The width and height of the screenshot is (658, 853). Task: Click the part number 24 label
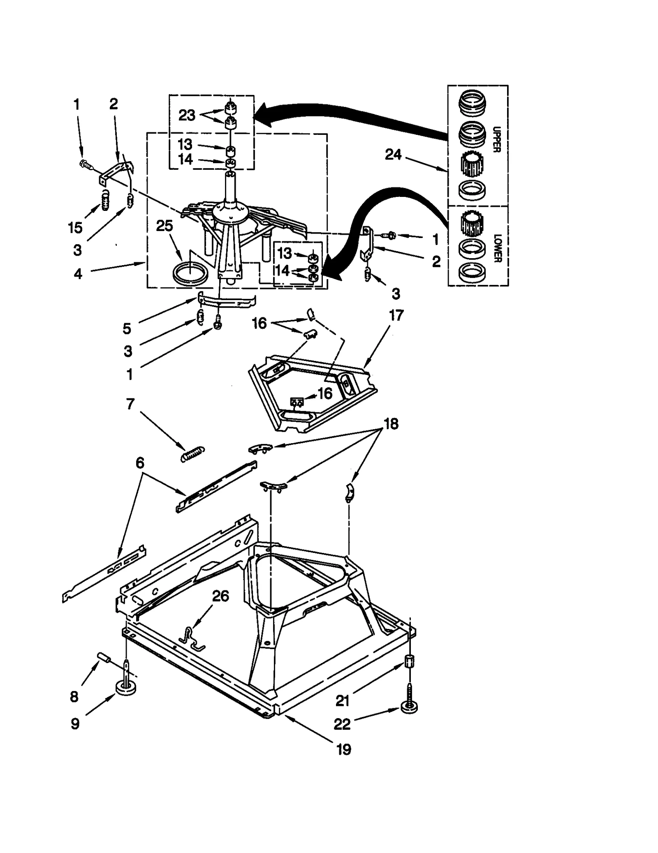[393, 155]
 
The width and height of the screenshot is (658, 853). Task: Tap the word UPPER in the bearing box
[496, 139]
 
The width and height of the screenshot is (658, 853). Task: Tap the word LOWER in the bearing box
[497, 248]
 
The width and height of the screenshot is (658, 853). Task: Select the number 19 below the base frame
[344, 749]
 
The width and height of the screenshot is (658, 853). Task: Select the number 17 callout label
[396, 316]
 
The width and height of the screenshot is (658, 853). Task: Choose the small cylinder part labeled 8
[104, 657]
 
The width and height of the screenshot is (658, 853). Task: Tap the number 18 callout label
[391, 424]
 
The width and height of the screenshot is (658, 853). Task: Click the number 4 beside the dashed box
[78, 273]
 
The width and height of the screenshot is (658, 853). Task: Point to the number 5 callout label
[127, 328]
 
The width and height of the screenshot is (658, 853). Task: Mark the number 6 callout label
[140, 463]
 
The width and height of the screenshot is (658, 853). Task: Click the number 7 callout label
[130, 404]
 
